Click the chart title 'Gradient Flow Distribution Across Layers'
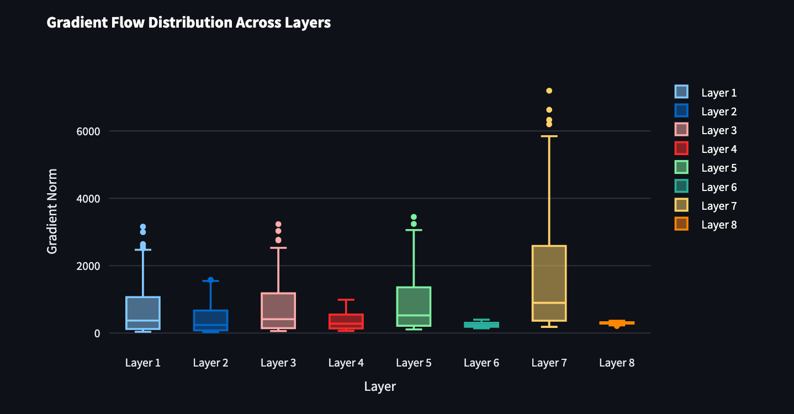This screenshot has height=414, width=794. coord(188,23)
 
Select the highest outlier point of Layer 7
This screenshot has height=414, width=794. coord(549,91)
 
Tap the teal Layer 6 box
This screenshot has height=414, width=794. coord(481,325)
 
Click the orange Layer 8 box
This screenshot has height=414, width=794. coord(617,322)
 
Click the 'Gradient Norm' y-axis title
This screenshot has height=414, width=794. coord(52,211)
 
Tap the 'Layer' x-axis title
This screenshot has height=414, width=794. coord(380,386)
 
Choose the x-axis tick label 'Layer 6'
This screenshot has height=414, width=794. coord(481,363)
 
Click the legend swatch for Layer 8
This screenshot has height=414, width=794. coord(681,224)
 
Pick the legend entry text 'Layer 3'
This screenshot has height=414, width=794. coord(719,131)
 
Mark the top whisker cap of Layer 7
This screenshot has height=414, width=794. coord(549,136)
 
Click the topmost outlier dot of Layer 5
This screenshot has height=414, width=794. coord(414,217)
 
